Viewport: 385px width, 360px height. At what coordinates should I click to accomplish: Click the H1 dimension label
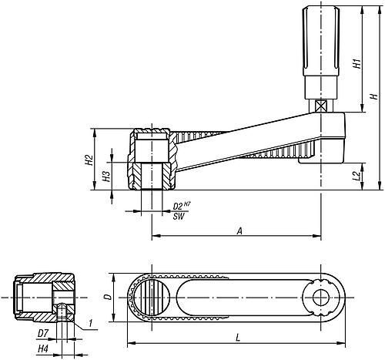click(x=357, y=63)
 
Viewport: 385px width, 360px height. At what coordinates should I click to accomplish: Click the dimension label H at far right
click(x=375, y=96)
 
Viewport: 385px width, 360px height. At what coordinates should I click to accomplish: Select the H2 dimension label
click(x=89, y=160)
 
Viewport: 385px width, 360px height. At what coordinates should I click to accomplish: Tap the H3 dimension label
click(x=106, y=176)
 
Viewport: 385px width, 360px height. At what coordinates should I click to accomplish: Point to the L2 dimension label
click(x=357, y=177)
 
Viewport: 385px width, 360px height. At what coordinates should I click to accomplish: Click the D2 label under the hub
click(x=178, y=206)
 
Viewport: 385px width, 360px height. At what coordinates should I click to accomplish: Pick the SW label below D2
click(x=179, y=217)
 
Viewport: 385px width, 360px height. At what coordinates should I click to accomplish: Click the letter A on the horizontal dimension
click(x=239, y=231)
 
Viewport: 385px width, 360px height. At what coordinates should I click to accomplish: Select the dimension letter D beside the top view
click(x=109, y=297)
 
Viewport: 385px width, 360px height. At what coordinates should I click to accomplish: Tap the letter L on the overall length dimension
click(x=238, y=338)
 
